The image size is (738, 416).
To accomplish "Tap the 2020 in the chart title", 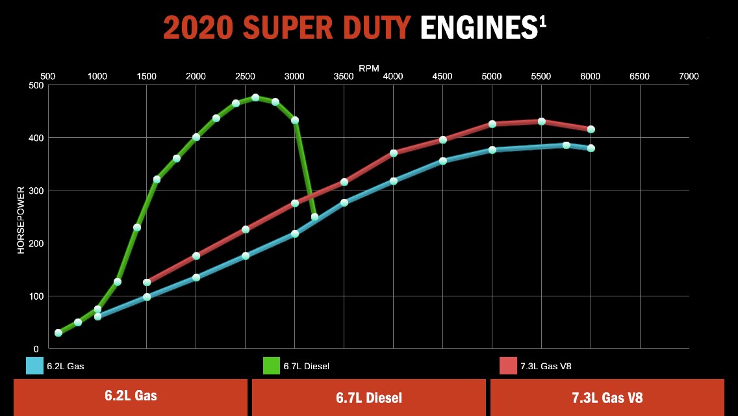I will click(198, 29).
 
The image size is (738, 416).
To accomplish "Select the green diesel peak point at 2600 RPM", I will click(255, 97).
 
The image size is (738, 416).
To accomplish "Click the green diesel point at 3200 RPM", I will click(314, 217).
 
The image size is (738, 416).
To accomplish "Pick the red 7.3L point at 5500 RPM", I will click(541, 122).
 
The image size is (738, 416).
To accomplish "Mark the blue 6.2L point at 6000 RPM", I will click(591, 148).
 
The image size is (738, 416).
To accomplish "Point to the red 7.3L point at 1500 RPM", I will click(147, 283).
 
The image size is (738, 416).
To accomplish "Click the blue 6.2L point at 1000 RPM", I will click(98, 317).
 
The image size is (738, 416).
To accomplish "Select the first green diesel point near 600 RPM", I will click(58, 333).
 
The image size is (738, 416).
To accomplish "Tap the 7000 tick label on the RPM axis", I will click(689, 77).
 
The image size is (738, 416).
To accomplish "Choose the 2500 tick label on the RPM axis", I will click(245, 77).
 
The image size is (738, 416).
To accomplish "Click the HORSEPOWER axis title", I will click(21, 218).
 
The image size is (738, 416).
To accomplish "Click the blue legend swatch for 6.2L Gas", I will click(34, 366).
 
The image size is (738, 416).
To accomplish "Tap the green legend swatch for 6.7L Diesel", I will click(272, 366).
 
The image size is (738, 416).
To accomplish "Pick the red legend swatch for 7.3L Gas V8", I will click(508, 366).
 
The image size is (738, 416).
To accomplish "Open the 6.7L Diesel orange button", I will click(368, 397).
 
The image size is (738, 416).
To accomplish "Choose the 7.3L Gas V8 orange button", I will click(607, 397).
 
